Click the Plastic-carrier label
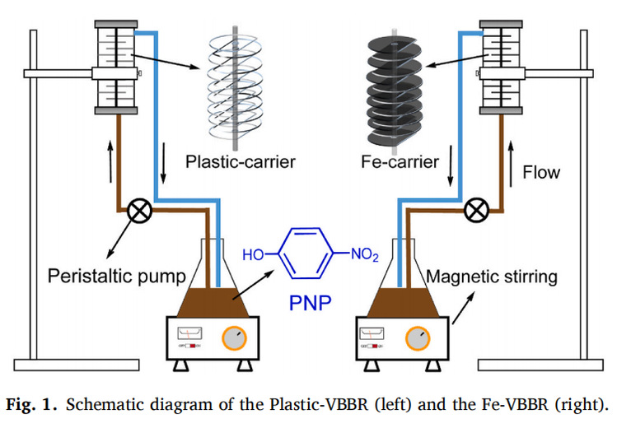pos(240,161)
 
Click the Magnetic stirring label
pos(492,277)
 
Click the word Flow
pos(540,172)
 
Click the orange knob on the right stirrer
pos(418,337)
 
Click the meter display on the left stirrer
pos(191,333)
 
